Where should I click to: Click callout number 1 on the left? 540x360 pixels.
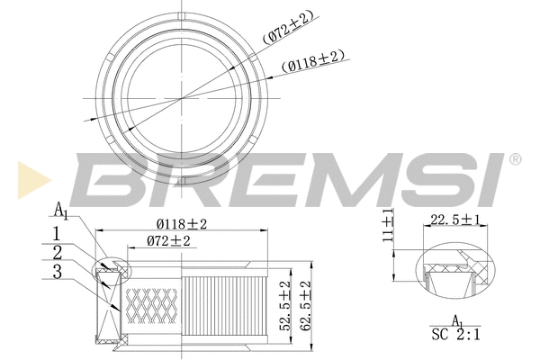56,236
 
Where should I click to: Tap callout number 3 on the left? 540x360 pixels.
58,270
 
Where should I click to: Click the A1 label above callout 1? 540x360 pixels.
60,211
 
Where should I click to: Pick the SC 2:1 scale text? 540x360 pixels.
456,334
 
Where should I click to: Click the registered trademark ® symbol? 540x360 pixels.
514,159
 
